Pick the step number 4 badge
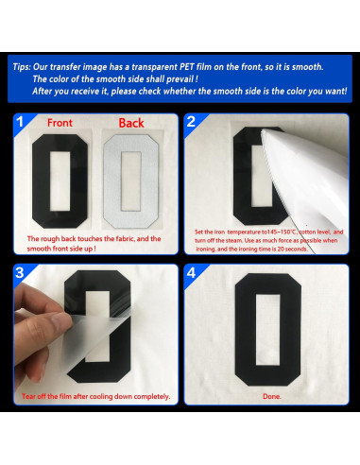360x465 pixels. tap(191, 273)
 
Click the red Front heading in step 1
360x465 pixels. tap(60, 123)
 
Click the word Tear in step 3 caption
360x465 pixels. tap(34, 396)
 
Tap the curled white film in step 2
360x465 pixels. tap(302, 170)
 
